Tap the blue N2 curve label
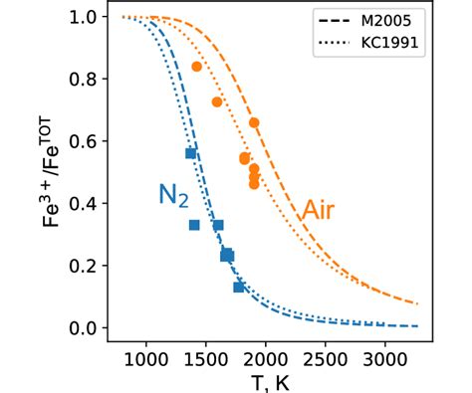click(172, 195)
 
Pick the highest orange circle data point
click(197, 67)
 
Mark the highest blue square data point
click(190, 153)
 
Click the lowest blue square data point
click(239, 288)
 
